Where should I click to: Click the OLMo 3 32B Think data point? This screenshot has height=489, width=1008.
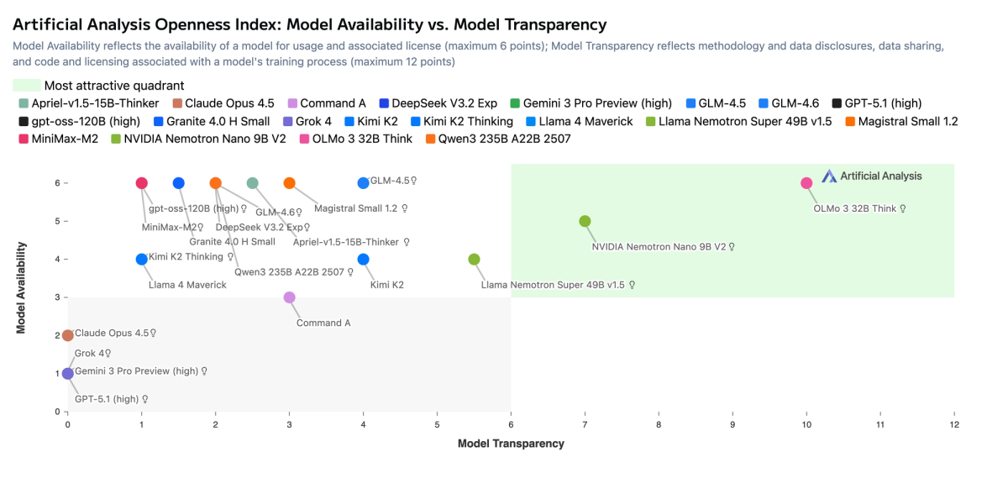point(806,183)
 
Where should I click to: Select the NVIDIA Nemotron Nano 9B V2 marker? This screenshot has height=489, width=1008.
point(585,221)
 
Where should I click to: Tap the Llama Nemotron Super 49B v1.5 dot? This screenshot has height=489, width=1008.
point(474,260)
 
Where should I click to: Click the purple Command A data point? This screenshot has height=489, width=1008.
point(289,297)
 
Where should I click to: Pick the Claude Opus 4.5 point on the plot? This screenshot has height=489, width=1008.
point(68,336)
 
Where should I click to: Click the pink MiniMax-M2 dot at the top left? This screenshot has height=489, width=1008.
point(141,183)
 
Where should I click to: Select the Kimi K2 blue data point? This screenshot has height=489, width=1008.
point(363,260)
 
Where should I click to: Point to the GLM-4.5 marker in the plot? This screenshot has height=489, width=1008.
point(363,183)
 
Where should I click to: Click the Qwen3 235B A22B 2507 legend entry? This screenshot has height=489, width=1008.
point(498,139)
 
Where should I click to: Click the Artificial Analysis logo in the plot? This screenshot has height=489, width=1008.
point(871,176)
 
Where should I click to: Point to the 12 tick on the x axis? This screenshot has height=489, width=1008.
point(953,425)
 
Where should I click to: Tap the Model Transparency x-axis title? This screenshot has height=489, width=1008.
point(511,443)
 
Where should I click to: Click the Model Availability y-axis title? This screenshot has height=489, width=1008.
point(23,289)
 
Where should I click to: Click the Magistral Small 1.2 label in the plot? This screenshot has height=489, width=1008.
point(356,208)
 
